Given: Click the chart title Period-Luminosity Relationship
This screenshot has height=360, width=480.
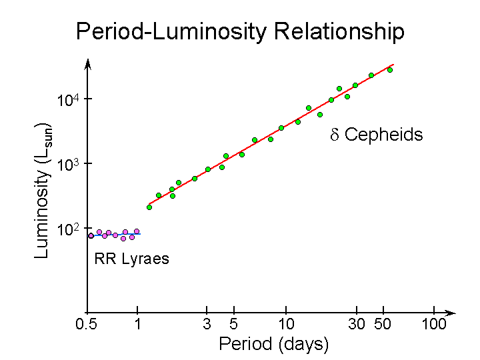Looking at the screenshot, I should click(x=240, y=31).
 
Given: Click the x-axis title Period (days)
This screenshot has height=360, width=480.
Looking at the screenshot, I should click(x=274, y=344).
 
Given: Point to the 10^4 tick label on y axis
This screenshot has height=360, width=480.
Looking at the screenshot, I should click(x=69, y=100).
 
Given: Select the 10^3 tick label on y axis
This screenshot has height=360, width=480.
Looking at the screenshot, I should click(x=69, y=164).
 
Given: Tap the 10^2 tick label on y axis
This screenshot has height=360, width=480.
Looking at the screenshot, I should click(x=69, y=229).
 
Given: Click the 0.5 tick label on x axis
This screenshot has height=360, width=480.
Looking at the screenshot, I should click(x=87, y=325).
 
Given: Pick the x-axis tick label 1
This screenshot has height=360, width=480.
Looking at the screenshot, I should click(x=137, y=325).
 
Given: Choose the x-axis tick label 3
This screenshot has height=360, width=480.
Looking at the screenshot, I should click(x=207, y=325).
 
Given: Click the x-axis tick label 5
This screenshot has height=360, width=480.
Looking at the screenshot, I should click(x=233, y=325).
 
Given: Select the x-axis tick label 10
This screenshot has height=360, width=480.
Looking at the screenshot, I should click(x=286, y=325).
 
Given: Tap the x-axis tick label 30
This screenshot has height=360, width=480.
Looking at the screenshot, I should click(x=357, y=325).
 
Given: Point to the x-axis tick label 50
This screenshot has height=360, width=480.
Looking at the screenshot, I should click(x=382, y=325).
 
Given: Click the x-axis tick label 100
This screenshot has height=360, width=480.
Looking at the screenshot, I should click(x=434, y=325).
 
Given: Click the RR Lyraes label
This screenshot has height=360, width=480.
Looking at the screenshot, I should click(x=132, y=259).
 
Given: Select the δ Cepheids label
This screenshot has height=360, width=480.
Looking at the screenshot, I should click(x=377, y=135).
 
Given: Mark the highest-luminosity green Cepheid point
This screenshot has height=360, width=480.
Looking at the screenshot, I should click(x=390, y=70).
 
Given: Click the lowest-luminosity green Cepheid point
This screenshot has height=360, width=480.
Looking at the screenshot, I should click(x=149, y=207).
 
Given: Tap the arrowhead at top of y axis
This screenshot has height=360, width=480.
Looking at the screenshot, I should click(x=87, y=63).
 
